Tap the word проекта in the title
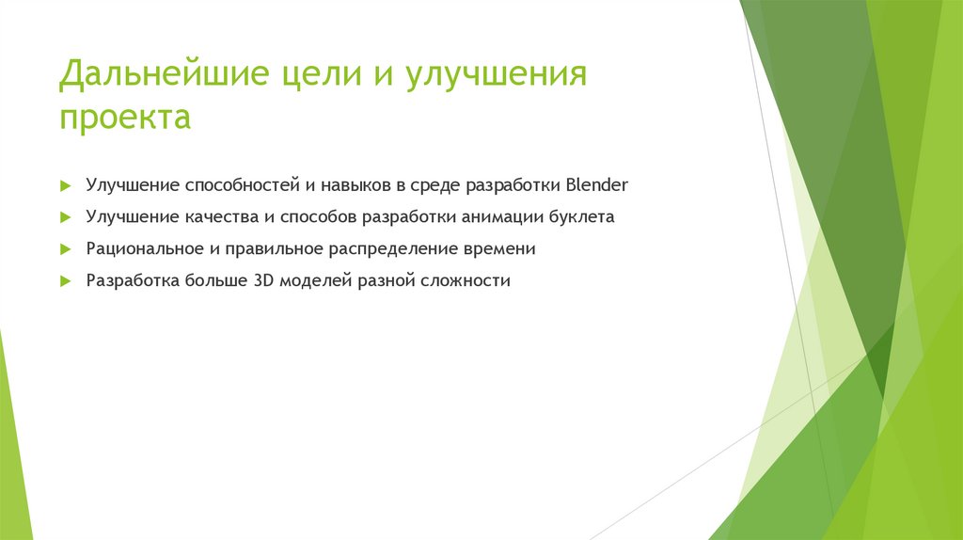[x=124, y=119]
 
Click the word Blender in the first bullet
[x=596, y=184]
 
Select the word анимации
[x=501, y=216]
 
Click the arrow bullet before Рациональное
[x=64, y=248]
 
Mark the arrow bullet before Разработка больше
[x=64, y=280]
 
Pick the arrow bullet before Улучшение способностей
[x=64, y=184]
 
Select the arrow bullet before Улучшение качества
[x=64, y=216]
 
